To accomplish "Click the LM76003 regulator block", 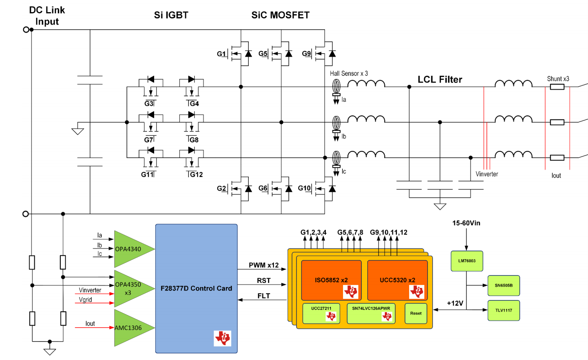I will click(x=467, y=261).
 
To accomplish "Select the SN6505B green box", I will click(x=503, y=285).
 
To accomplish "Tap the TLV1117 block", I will click(x=503, y=311).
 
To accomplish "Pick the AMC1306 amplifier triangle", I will click(x=130, y=328).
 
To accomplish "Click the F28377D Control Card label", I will click(x=196, y=288).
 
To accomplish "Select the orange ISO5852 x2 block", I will click(x=331, y=280).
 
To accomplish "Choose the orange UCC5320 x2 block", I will click(x=397, y=280).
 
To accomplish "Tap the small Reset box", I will click(x=416, y=313).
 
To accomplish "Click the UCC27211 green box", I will click(x=321, y=313).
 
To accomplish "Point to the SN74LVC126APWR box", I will click(x=371, y=313).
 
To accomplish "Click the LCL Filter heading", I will click(x=440, y=80).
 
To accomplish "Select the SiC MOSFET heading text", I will click(x=280, y=16).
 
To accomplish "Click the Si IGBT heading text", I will click(x=171, y=16).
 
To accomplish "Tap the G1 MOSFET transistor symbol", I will click(x=241, y=54).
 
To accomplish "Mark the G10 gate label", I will click(x=304, y=188).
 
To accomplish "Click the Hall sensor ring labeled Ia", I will click(x=336, y=87).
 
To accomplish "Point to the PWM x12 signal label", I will click(x=263, y=265).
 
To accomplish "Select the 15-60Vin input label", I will click(x=466, y=223).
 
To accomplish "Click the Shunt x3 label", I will click(x=558, y=79).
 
